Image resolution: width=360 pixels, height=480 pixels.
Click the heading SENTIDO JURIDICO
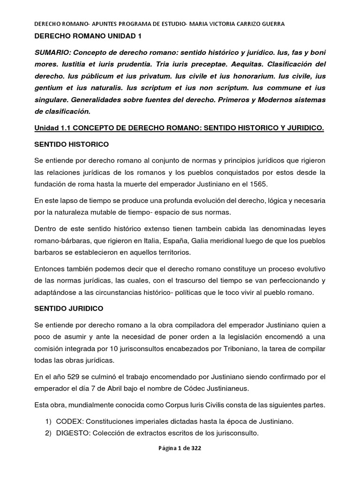point(69,309)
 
